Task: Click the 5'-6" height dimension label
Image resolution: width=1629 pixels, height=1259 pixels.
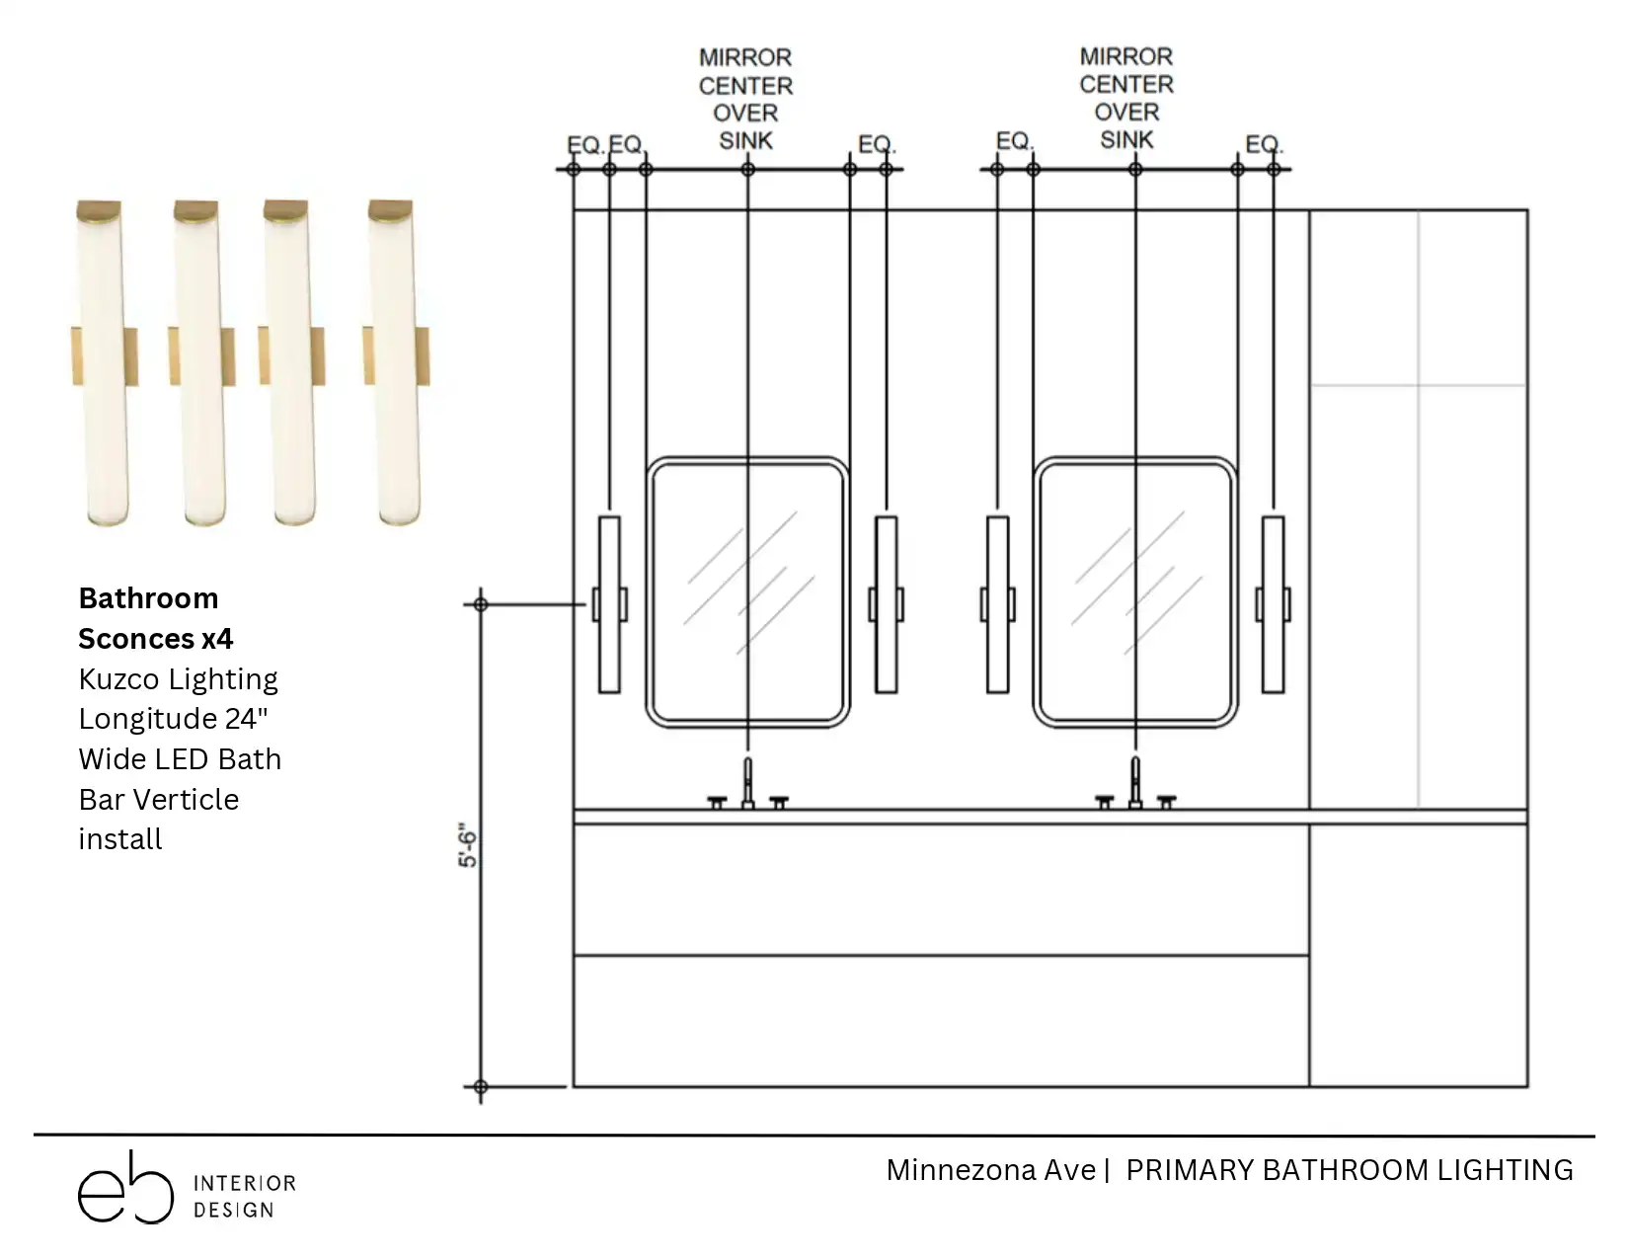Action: [x=467, y=845]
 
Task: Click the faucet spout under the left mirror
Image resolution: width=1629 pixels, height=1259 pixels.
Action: [x=747, y=783]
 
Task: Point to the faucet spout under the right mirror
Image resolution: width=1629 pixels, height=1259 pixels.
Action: [x=1135, y=783]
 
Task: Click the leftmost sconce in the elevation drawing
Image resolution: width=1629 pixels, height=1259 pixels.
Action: [x=609, y=604]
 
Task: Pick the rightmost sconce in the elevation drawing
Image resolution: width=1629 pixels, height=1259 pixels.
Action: [x=1273, y=604]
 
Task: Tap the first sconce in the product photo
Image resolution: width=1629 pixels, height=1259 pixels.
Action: [x=105, y=363]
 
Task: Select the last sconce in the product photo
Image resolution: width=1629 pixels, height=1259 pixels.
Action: [x=396, y=363]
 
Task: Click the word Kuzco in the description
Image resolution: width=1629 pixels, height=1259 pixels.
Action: [x=119, y=679]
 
